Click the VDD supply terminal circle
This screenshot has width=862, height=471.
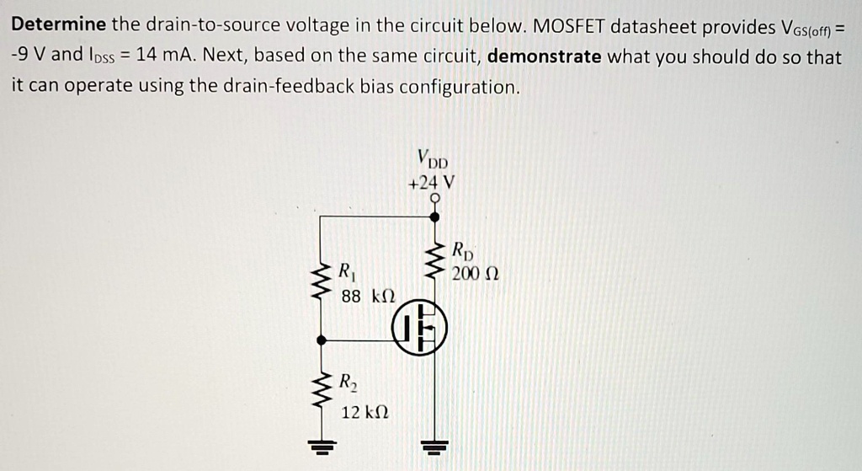[434, 199]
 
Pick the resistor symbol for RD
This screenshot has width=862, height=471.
[435, 262]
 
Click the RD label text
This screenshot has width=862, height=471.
[463, 251]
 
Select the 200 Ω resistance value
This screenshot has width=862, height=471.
[475, 274]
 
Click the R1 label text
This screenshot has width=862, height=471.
[347, 271]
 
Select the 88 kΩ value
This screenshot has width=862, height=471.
[368, 296]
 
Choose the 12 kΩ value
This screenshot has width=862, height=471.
[364, 412]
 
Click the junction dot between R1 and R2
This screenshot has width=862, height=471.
[320, 340]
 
